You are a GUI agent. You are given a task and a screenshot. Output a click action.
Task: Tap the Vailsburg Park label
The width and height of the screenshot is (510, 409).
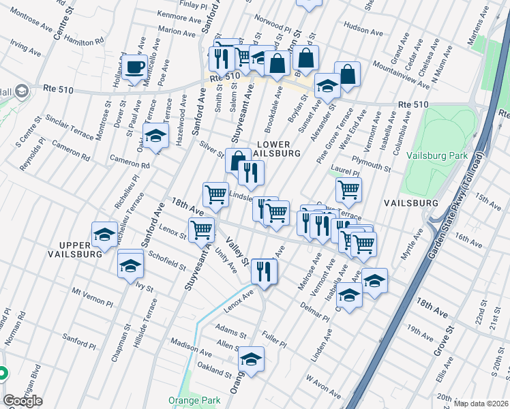(437, 155)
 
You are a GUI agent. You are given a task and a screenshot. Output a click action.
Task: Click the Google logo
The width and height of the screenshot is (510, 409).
(22, 401)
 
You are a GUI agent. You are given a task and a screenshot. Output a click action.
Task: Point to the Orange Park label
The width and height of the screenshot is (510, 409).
(192, 400)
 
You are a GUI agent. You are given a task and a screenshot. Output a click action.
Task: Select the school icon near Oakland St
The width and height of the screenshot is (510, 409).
(251, 359)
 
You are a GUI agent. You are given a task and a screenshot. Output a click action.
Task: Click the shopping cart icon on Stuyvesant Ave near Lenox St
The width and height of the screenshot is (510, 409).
(201, 230)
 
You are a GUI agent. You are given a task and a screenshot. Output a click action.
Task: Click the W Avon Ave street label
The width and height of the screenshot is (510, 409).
(323, 386)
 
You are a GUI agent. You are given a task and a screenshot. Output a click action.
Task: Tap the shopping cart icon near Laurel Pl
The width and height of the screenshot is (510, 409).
(348, 189)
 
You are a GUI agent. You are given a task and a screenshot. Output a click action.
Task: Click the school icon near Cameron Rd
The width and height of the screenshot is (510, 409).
(155, 136)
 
